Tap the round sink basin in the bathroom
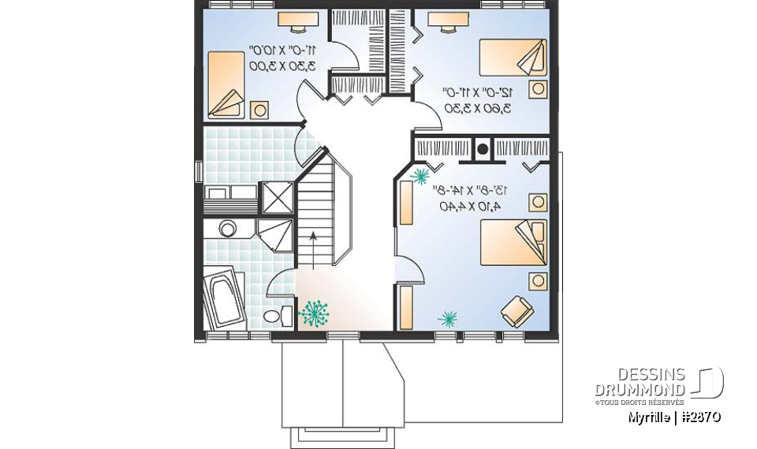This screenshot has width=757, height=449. tap(228, 229)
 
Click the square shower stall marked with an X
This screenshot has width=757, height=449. tap(276, 196)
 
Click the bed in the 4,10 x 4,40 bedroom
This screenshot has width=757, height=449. tap(513, 241)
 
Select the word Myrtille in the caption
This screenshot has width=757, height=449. tap(651, 417)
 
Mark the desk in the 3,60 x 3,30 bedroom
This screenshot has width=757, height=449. tap(448, 21)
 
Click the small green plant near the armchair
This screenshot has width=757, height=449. tap(448, 318)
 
